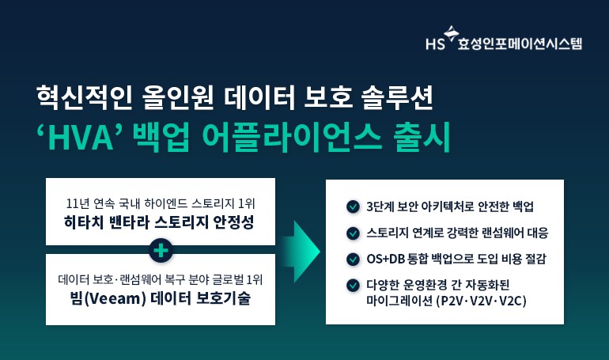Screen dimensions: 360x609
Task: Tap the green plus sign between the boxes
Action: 161,250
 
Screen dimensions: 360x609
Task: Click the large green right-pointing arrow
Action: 303,252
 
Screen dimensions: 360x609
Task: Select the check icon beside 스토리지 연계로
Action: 353,233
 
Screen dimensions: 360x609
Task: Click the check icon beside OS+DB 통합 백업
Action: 353,259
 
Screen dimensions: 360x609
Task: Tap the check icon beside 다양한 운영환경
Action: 353,285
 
